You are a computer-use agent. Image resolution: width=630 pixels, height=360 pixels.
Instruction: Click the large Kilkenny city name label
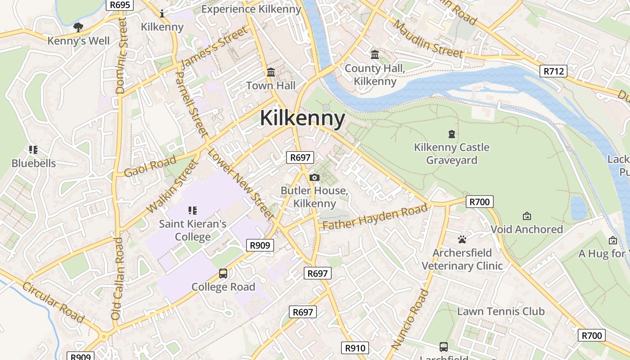pos(302,118)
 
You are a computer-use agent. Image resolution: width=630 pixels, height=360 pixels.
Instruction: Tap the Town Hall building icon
pos(271,72)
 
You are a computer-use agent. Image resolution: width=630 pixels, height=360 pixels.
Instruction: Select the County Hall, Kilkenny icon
pos(374,55)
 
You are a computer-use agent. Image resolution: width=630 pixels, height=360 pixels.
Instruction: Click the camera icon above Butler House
pos(315,177)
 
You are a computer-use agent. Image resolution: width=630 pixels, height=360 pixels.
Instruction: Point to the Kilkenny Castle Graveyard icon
pos(451,134)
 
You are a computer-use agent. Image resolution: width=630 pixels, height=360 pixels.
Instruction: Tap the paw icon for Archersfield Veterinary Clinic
pos(462,239)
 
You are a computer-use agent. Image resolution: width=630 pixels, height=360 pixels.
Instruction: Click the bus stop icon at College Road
pos(223,273)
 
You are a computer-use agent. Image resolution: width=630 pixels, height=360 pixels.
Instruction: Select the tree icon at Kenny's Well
pos(78,27)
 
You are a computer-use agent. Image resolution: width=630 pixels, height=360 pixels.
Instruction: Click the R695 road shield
pos(120,5)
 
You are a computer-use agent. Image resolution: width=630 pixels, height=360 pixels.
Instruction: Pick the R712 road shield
pos(553,71)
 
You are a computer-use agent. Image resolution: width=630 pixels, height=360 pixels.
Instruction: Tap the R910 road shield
pos(355,347)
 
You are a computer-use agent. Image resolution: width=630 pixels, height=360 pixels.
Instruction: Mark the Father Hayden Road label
pos(375,217)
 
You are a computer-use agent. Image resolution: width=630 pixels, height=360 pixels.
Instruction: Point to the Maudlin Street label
pos(427,39)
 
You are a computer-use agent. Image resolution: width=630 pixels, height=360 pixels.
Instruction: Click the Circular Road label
pos(53,302)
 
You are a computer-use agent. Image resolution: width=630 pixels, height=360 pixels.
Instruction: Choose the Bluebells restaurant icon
pos(33,149)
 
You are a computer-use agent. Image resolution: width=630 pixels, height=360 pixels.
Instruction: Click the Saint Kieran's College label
pos(193,230)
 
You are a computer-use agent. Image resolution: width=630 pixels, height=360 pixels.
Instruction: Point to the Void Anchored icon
pos(526,216)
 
